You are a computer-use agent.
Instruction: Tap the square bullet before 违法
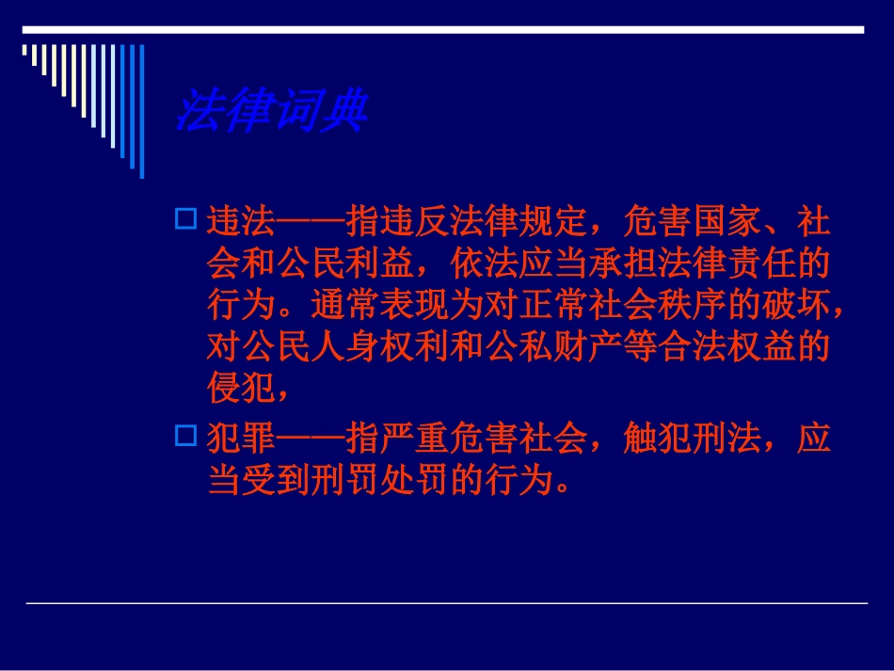pos(185,221)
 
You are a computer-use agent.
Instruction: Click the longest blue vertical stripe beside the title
pos(141,111)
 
